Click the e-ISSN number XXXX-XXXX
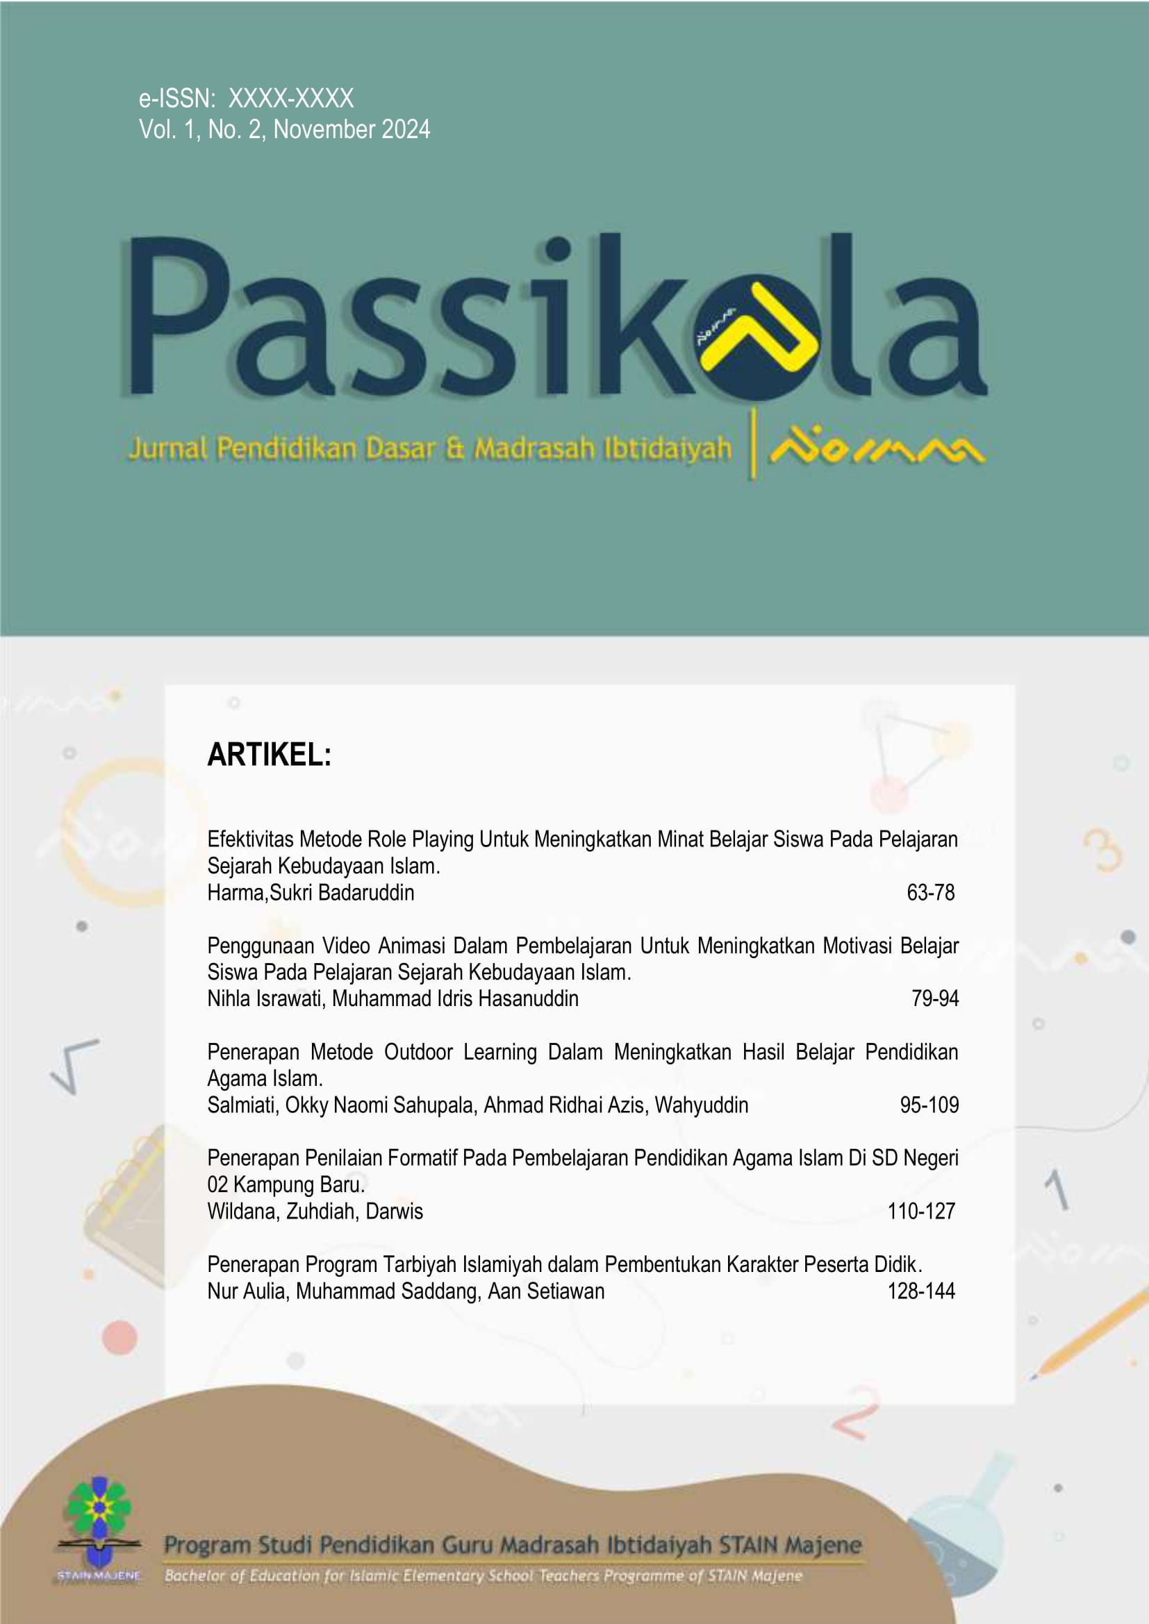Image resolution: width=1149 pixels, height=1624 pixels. click(x=291, y=99)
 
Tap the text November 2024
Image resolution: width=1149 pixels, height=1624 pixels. click(x=352, y=129)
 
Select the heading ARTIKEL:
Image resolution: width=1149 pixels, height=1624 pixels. click(x=269, y=755)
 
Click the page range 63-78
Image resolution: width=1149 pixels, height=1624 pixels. click(x=930, y=893)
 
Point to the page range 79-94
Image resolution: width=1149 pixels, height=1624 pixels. click(x=934, y=998)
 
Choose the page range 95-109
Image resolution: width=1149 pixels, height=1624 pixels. click(x=929, y=1105)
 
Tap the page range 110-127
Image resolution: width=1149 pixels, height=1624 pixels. click(x=921, y=1211)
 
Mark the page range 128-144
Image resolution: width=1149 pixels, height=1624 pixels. click(x=921, y=1291)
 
